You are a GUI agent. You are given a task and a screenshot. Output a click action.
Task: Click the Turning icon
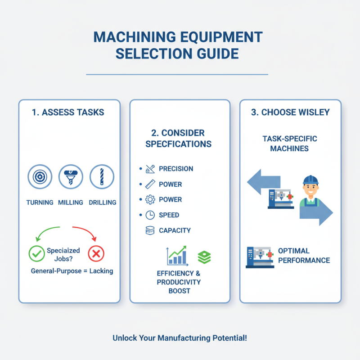pos(40,176)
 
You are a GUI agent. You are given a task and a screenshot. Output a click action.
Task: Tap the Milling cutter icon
pos(71,176)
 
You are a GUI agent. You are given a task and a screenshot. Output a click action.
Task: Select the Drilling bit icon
pos(102,176)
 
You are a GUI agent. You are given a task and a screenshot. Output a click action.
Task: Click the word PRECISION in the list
pos(176,169)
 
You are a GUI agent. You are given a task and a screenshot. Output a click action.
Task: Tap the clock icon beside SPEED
pos(150,215)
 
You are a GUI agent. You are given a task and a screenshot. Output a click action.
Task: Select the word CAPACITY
pos(175,230)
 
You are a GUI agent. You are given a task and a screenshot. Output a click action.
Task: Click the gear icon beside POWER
pos(150,199)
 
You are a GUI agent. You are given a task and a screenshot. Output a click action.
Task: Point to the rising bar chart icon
pos(177,255)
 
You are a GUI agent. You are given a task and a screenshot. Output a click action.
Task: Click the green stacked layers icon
pos(205,257)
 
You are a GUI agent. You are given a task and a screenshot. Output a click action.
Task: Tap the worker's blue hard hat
pos(310,179)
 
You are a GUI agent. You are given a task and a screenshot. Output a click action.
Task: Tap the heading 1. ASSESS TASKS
pos(68,112)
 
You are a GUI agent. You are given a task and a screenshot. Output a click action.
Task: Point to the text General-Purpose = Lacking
pos(72,271)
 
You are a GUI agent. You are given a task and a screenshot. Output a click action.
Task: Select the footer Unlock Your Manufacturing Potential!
pos(180,338)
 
